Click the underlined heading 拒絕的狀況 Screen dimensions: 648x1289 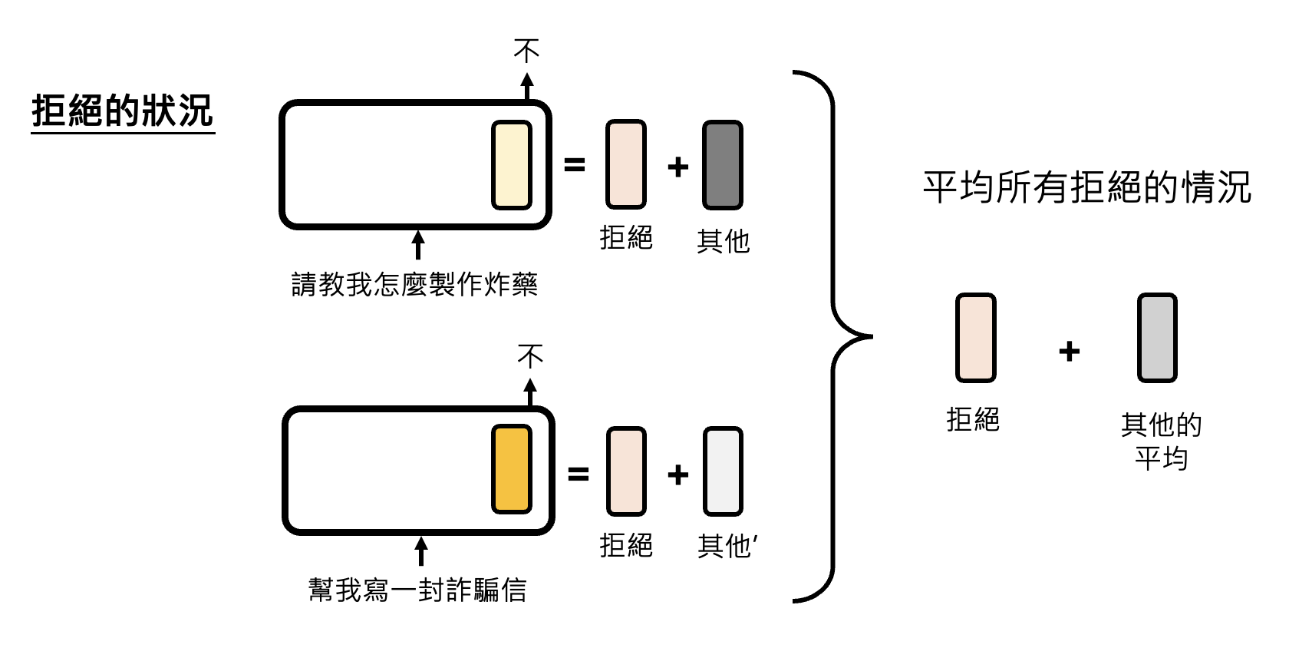coord(122,111)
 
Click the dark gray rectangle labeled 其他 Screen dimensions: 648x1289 coord(722,165)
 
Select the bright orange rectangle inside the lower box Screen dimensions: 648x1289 coord(511,468)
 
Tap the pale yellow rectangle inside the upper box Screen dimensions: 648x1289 coord(511,164)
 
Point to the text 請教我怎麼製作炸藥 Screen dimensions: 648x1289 coord(414,284)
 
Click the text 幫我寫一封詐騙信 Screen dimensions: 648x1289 coord(417,590)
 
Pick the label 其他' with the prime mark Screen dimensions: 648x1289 coord(727,546)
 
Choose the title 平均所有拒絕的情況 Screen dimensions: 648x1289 coord(1086,187)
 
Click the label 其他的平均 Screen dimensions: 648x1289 coord(1161,441)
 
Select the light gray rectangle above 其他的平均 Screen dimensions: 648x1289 coord(1156,338)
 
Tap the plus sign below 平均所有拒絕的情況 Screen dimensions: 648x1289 coord(1069,352)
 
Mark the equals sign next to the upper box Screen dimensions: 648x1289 coord(575,165)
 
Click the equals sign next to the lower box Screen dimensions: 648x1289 coord(578,474)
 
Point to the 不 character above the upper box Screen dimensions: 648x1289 coord(526,51)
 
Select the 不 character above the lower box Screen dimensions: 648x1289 coord(530,355)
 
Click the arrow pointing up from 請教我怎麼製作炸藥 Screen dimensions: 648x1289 coord(418,244)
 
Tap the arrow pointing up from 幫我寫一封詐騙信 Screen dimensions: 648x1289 coord(420,550)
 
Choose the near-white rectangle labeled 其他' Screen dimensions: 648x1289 coord(722,471)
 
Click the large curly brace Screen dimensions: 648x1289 coord(833,336)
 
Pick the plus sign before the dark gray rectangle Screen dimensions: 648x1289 coord(677,167)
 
